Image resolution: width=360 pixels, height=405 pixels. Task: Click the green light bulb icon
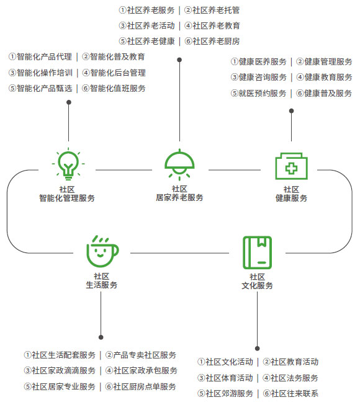click(x=68, y=164)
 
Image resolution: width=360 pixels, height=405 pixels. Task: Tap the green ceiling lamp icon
click(x=179, y=164)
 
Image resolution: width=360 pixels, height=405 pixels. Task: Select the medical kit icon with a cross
click(x=291, y=166)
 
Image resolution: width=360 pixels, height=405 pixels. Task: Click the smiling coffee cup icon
click(x=102, y=251)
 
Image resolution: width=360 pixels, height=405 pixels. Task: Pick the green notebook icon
click(x=258, y=252)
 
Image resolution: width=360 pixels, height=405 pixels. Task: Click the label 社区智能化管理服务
click(x=67, y=194)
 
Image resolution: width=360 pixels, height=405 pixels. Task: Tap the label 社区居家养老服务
click(x=179, y=194)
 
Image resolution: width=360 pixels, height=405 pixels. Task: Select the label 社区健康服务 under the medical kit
click(x=291, y=194)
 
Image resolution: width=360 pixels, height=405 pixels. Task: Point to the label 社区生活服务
click(x=102, y=281)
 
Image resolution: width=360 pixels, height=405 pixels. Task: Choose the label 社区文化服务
click(x=257, y=282)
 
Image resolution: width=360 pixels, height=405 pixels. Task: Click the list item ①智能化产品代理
click(x=40, y=57)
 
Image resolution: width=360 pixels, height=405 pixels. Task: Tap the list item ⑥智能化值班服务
click(x=114, y=88)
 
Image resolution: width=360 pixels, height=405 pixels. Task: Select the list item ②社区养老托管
click(x=212, y=11)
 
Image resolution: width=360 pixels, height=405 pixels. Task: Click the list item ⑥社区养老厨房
click(x=212, y=41)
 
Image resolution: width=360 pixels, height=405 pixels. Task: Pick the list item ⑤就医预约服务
click(x=258, y=93)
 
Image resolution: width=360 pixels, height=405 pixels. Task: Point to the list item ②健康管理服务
click(x=324, y=62)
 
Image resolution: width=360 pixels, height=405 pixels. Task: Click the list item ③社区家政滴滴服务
click(x=60, y=371)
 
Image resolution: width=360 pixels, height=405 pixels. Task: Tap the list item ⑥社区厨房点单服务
click(x=141, y=386)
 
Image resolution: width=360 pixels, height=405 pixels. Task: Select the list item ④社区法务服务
click(x=290, y=378)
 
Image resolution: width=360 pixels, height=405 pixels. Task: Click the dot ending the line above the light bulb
click(x=69, y=102)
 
